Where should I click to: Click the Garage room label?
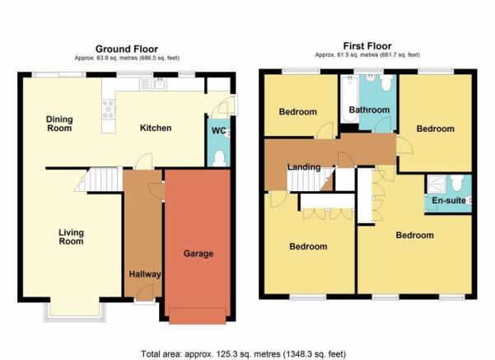tap(198, 254)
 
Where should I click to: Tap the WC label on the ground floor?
tap(219, 130)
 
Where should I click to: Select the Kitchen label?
tap(156, 128)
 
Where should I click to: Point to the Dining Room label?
tap(59, 124)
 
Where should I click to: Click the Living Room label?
tap(71, 237)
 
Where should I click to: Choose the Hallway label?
tap(145, 274)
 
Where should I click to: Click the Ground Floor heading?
tap(127, 49)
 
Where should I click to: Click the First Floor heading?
tap(367, 46)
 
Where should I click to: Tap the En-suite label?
tap(449, 200)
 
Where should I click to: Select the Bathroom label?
tap(369, 110)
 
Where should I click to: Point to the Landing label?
tap(304, 167)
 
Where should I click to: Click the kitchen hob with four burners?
tap(109, 110)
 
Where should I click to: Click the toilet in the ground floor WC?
tap(219, 158)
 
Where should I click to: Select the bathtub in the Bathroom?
tap(349, 99)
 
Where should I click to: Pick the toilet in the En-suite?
tap(457, 183)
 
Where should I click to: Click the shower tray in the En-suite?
tap(436, 184)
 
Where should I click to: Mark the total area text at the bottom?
tap(244, 354)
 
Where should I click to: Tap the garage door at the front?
tap(198, 316)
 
